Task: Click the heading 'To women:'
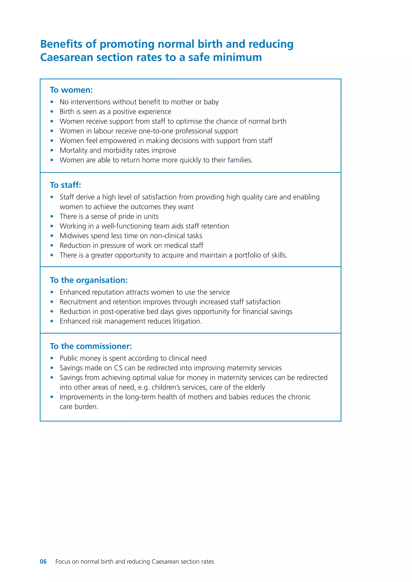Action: (71, 90)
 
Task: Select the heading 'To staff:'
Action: (65, 185)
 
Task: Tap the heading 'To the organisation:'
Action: (89, 280)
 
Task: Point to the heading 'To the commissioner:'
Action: (91, 346)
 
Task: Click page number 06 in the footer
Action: (43, 561)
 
